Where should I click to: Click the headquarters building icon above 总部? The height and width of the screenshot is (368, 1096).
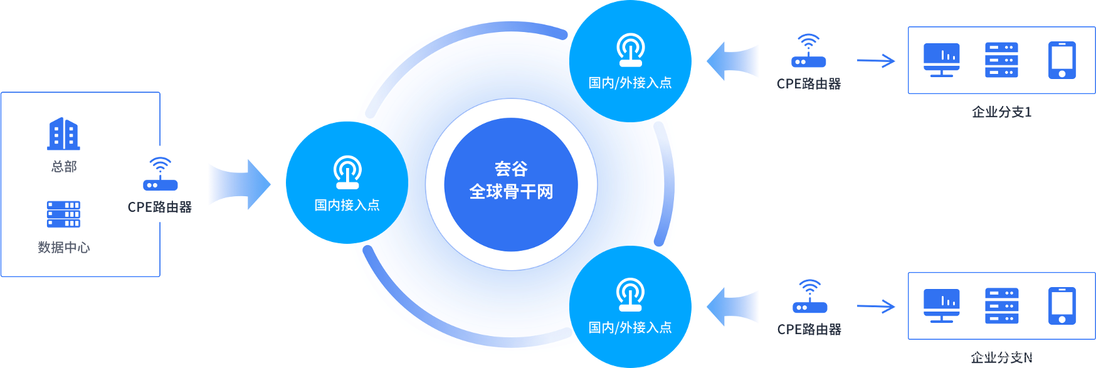coord(63,134)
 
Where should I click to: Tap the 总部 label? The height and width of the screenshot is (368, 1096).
coord(64,167)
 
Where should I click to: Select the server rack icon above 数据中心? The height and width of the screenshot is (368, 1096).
coord(63,214)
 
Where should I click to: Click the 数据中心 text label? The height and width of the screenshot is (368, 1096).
coord(63,248)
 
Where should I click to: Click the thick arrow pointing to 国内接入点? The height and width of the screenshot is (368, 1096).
coord(239,184)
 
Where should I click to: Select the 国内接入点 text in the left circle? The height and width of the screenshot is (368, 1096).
coord(347,205)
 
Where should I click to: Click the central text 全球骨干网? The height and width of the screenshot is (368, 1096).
coord(511,191)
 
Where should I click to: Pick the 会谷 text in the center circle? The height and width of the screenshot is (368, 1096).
coord(511,169)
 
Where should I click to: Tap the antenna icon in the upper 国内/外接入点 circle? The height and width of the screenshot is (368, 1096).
coord(630,50)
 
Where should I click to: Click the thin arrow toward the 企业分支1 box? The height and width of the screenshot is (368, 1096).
coord(877,61)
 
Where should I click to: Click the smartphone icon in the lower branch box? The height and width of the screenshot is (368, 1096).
coord(1062,306)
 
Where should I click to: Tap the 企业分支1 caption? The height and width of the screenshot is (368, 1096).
coord(1001,112)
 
